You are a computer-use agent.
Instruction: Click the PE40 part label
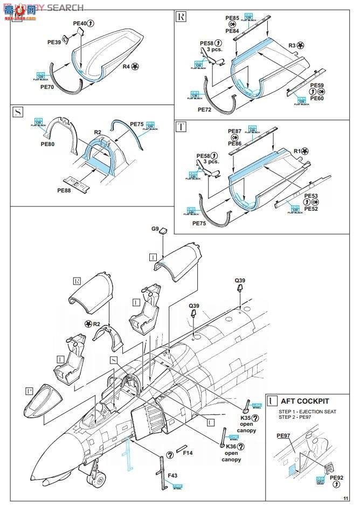[79, 23]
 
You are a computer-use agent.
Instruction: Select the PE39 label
[54, 40]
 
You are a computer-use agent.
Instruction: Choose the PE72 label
[205, 109]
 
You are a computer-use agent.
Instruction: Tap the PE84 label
[232, 31]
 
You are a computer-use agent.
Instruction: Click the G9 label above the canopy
[155, 229]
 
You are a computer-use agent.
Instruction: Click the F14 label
[188, 453]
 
